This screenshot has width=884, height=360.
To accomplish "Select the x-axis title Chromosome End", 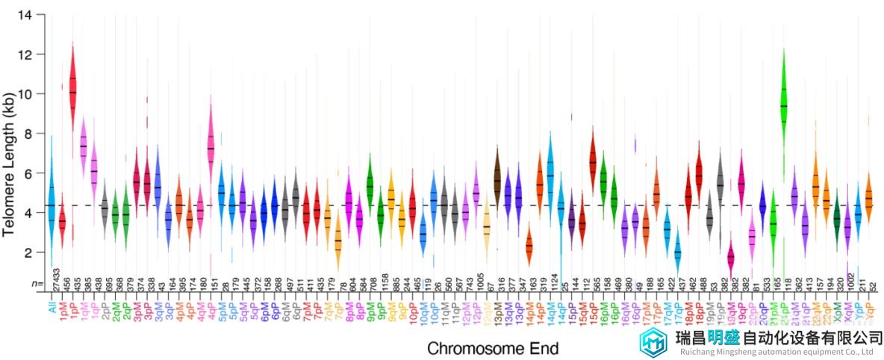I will pyautogui.click(x=493, y=348).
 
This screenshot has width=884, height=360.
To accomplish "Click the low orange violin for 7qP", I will pyautogui.click(x=338, y=243).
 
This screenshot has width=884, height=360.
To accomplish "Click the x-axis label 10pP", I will pyautogui.click(x=412, y=309).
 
